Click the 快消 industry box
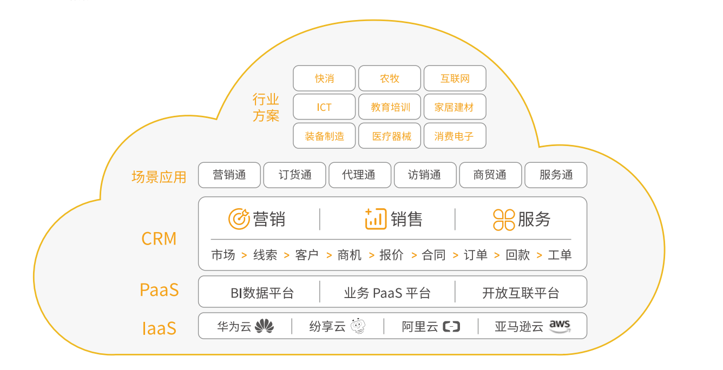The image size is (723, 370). pyautogui.click(x=324, y=78)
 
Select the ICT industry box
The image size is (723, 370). pyautogui.click(x=324, y=107)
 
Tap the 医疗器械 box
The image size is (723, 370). pyautogui.click(x=390, y=136)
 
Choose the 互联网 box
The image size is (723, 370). pyautogui.click(x=455, y=78)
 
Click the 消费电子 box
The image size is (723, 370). pyautogui.click(x=455, y=136)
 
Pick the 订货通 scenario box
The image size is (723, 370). pyautogui.click(x=295, y=175)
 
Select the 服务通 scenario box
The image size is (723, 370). pyautogui.click(x=556, y=175)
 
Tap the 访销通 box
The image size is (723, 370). pyautogui.click(x=425, y=175)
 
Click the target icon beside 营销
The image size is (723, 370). pyautogui.click(x=239, y=219)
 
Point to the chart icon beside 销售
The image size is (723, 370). pyautogui.click(x=376, y=219)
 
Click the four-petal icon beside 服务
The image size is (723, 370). pyautogui.click(x=504, y=220)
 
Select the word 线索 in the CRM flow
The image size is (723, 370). pyautogui.click(x=265, y=255)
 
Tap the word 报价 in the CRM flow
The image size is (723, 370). pyautogui.click(x=392, y=255)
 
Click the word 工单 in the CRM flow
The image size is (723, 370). pyautogui.click(x=560, y=255)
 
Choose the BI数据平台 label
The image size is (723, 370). pyautogui.click(x=262, y=293)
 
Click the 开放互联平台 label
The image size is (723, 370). pyautogui.click(x=521, y=293)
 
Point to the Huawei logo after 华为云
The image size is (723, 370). pyautogui.click(x=265, y=326)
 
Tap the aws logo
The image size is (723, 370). pyautogui.click(x=560, y=326)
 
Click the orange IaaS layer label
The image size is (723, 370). pyautogui.click(x=159, y=328)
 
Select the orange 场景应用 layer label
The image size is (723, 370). pyautogui.click(x=159, y=177)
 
